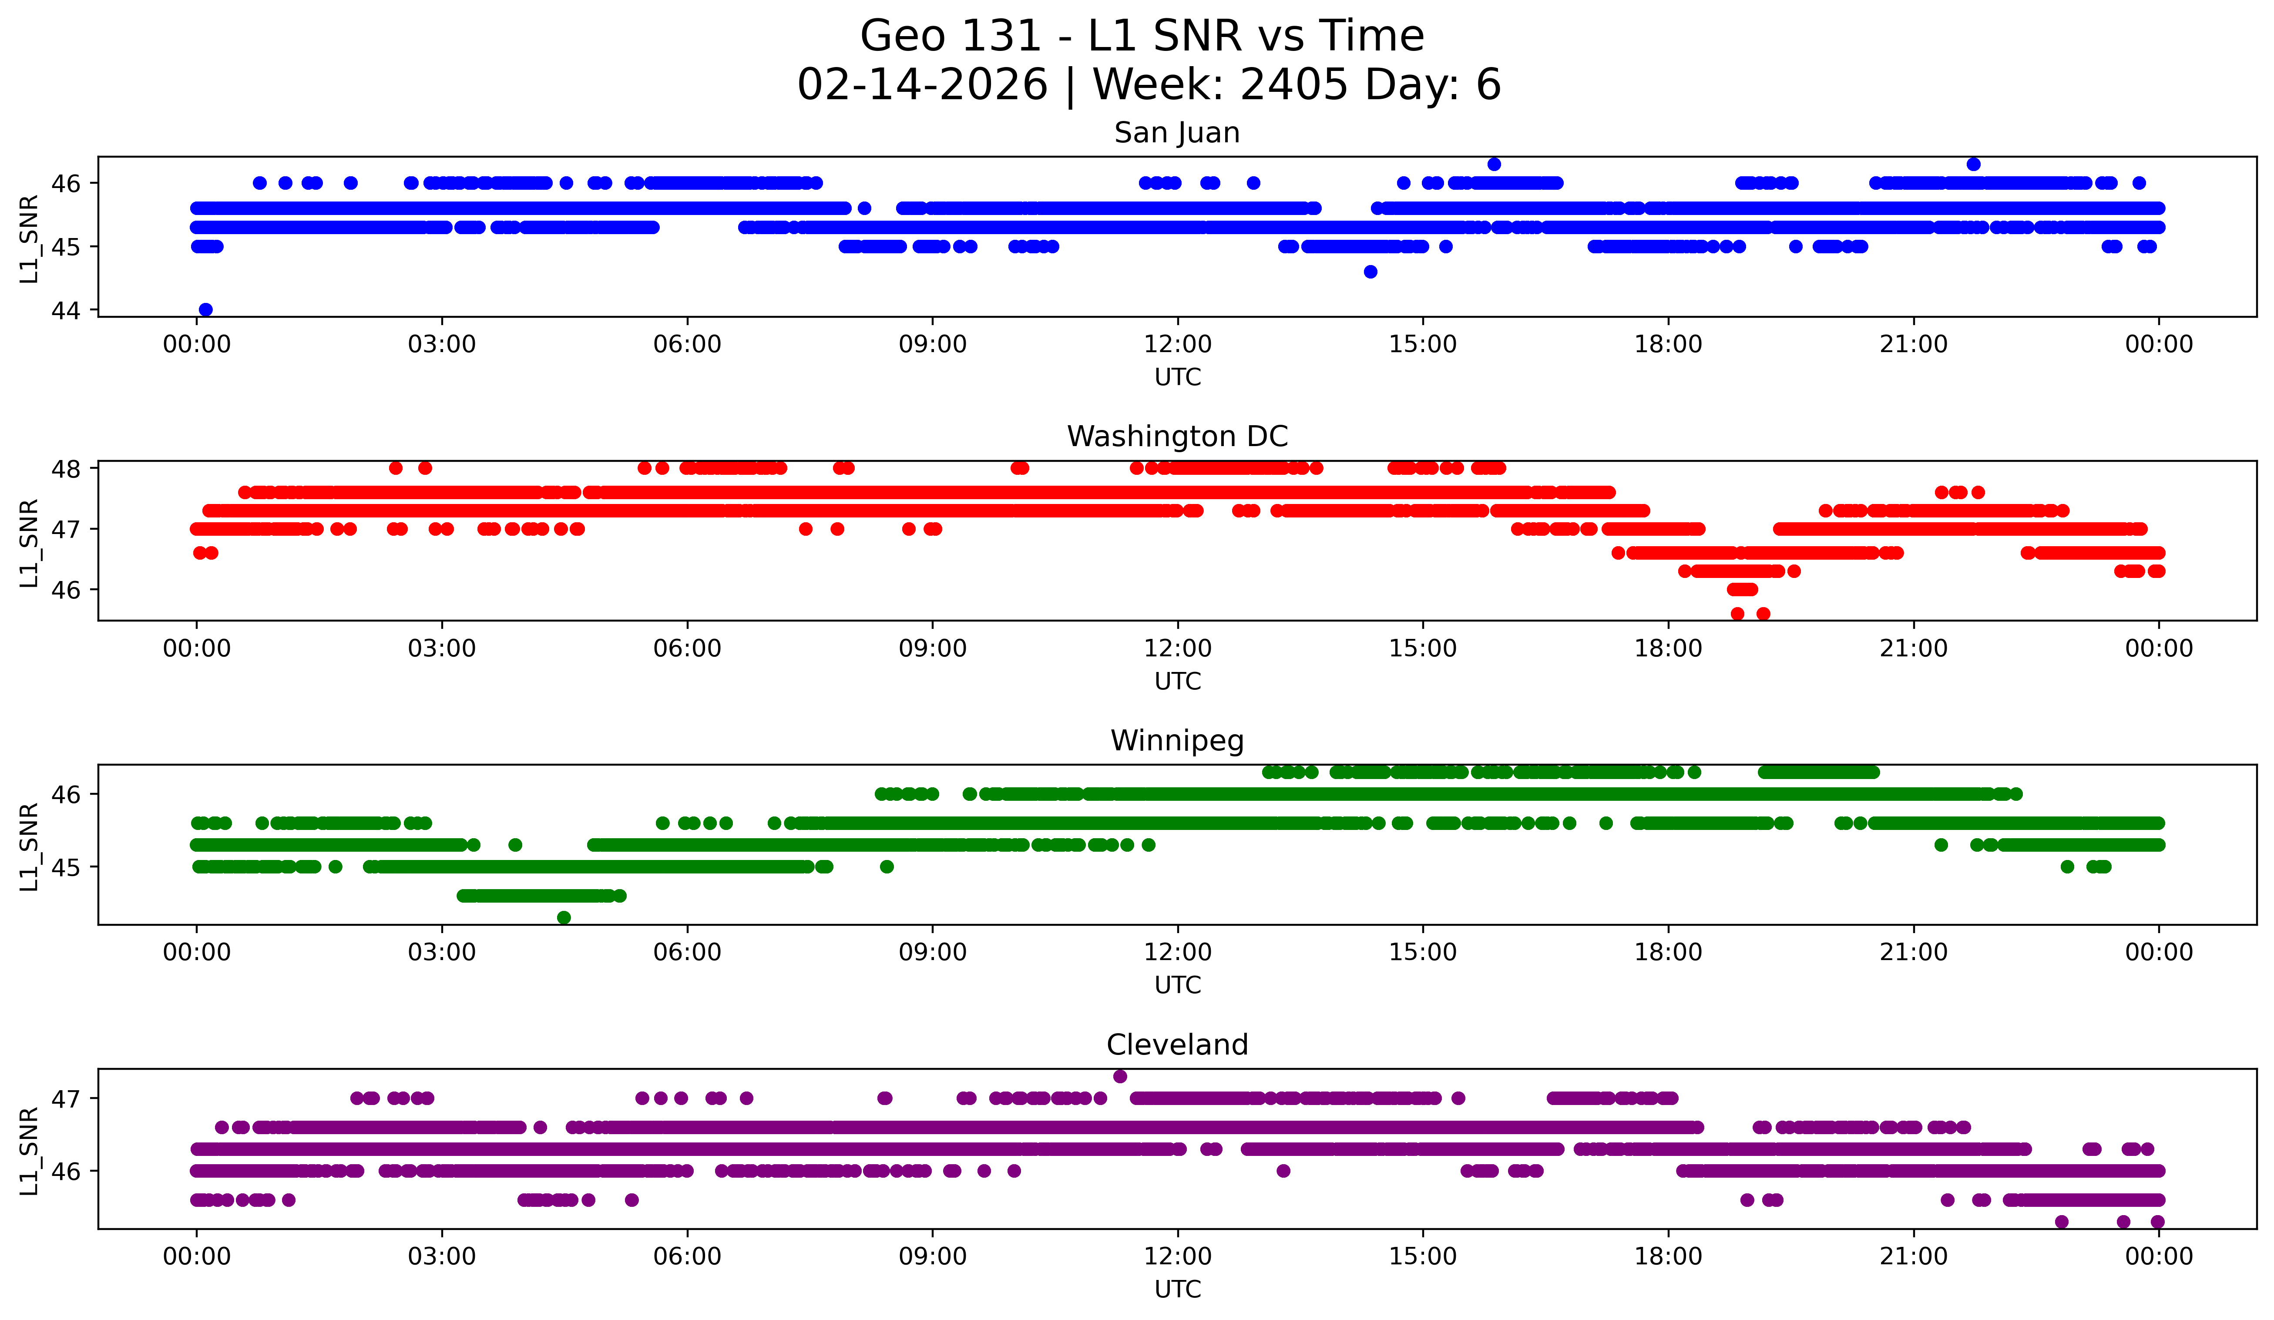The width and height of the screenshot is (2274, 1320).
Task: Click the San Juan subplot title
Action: coord(1177,133)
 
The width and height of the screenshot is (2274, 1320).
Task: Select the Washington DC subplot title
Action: coord(1177,437)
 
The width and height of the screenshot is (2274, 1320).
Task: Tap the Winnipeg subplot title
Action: coord(1177,741)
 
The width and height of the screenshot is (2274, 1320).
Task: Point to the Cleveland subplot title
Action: coord(1177,1045)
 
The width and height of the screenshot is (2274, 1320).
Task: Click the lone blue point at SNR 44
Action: coord(206,309)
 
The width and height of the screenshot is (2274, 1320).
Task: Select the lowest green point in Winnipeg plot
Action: coord(564,917)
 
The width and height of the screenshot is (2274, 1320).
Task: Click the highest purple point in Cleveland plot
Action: coord(1120,1076)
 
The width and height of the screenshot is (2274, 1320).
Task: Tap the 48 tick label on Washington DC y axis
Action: coord(66,468)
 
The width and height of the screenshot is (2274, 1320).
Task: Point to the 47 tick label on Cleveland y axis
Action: coord(66,1099)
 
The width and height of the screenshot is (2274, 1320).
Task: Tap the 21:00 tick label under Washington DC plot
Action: coord(1913,649)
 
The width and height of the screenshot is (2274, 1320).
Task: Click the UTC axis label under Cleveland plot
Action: coord(1177,1290)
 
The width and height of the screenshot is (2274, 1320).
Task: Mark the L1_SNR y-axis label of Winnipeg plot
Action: coord(29,846)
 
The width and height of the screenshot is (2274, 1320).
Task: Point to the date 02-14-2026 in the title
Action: coord(922,85)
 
